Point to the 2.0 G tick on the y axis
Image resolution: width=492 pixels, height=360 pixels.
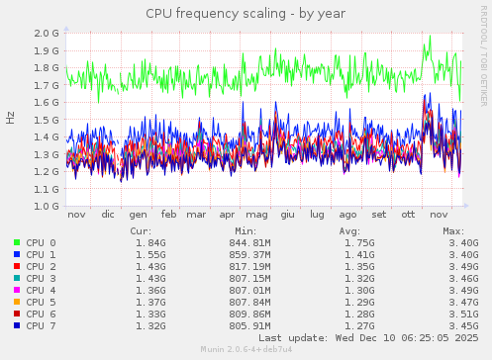click(x=47, y=33)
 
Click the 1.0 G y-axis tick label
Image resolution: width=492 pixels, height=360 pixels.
click(x=47, y=207)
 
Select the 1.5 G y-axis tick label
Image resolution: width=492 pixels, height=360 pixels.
click(x=47, y=120)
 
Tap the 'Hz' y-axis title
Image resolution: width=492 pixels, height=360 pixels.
click(x=11, y=118)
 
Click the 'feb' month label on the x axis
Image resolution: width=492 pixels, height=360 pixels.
click(x=169, y=215)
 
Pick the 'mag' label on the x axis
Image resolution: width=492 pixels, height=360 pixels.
click(x=257, y=215)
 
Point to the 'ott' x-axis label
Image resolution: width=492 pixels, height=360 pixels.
click(x=408, y=215)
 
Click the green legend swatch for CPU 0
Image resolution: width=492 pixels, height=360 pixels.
click(x=17, y=242)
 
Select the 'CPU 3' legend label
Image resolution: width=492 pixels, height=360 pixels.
click(x=41, y=278)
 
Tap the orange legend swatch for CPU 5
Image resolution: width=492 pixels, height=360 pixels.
click(x=17, y=302)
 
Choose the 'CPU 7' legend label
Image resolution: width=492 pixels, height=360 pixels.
click(x=41, y=325)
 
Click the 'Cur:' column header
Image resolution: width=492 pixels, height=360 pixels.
click(x=142, y=230)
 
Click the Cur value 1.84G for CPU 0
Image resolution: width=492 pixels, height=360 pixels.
click(x=150, y=242)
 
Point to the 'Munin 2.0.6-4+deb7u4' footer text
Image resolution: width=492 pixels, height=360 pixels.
click(x=245, y=349)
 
